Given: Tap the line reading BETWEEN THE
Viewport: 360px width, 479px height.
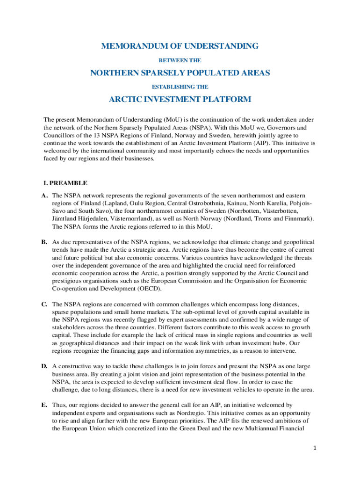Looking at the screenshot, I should point(180,60).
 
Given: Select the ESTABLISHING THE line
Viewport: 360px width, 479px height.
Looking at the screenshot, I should point(180,87).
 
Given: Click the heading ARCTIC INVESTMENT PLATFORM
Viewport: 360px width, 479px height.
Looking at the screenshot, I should point(180,100).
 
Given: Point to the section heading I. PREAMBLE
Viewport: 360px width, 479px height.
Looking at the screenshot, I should point(65,183).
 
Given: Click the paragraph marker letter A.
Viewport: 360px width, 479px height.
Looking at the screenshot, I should point(45,195).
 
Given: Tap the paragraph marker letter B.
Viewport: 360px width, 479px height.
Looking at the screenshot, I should point(45,242).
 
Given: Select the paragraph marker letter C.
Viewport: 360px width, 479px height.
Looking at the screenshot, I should point(45,304).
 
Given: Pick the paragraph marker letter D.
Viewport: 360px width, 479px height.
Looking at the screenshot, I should point(45,366).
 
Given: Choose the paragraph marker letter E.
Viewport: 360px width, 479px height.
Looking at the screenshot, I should point(45,405).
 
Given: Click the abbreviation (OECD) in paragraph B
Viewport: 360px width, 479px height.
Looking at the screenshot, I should point(147,289).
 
